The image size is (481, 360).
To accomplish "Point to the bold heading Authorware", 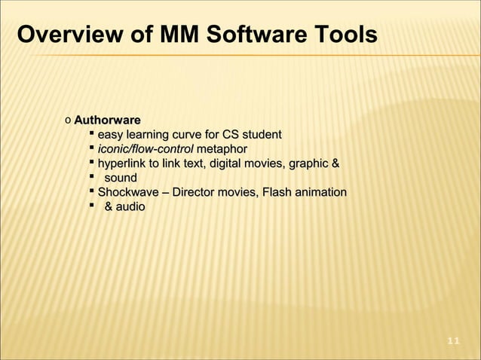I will [106, 120].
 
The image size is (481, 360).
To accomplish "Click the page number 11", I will [453, 342].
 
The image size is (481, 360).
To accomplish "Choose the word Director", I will [198, 192].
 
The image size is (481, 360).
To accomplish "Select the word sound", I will [121, 178].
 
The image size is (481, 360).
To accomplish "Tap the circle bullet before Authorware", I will [68, 121].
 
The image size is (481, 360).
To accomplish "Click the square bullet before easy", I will [90, 133].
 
